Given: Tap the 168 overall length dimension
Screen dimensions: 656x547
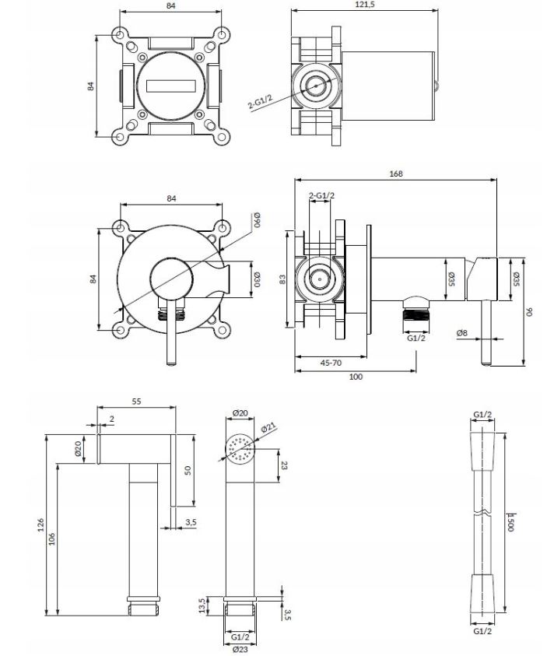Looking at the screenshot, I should [x=395, y=174].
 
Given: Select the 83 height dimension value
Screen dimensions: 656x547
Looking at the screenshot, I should [x=284, y=279].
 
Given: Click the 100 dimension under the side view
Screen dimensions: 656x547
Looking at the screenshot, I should [x=355, y=377].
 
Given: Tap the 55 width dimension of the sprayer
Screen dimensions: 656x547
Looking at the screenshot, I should [x=136, y=402].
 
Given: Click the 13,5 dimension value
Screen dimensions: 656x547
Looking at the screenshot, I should [x=204, y=605].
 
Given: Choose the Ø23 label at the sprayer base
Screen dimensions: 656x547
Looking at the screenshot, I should [x=240, y=648].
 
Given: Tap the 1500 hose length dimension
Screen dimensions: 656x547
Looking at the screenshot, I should [x=511, y=521].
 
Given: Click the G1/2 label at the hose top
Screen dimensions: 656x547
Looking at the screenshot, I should [x=483, y=414].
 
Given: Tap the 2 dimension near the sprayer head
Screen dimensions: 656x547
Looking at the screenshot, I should [x=112, y=419].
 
